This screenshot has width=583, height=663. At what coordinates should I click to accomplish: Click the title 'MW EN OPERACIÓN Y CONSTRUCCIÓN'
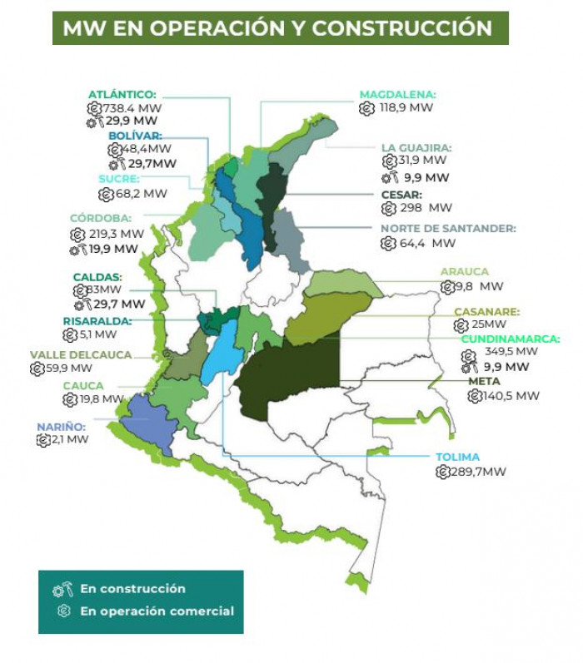277,28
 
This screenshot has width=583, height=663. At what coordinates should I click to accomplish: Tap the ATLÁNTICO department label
122,95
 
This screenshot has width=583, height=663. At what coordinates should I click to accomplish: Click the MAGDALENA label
397,95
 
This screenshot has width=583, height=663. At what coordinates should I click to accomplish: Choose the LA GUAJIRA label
416,147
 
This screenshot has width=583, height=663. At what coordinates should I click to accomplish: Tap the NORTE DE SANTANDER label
448,228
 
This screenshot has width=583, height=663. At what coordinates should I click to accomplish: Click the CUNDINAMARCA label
510,339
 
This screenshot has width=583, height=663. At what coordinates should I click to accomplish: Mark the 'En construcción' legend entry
132,589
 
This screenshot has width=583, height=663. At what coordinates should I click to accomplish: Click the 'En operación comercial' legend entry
157,611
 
